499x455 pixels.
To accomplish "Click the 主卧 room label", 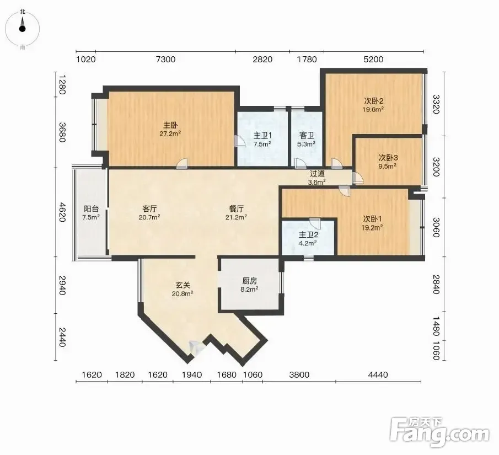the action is [170, 125].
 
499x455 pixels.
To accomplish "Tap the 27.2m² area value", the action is [170, 133].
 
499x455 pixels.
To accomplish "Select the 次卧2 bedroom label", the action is [373, 101].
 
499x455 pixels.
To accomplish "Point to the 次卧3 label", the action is [388, 158].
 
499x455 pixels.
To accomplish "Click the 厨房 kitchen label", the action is [249, 281].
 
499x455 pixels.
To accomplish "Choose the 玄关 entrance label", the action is [183, 285].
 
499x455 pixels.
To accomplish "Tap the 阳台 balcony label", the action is [91, 209].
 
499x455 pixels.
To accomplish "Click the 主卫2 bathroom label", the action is [308, 235].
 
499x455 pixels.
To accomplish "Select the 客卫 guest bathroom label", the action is [307, 136].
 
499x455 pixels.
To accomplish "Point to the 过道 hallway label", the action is [317, 174].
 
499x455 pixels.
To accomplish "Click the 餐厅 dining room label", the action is [237, 209].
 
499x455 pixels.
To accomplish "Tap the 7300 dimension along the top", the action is [165, 59].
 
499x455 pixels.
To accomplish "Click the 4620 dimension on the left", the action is [62, 212].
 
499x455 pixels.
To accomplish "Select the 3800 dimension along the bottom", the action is [299, 375].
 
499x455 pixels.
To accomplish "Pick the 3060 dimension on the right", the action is [436, 227].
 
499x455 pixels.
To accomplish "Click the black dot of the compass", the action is [22, 29].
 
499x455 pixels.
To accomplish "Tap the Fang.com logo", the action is [439, 431].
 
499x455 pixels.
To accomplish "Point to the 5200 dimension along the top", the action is [373, 59].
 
